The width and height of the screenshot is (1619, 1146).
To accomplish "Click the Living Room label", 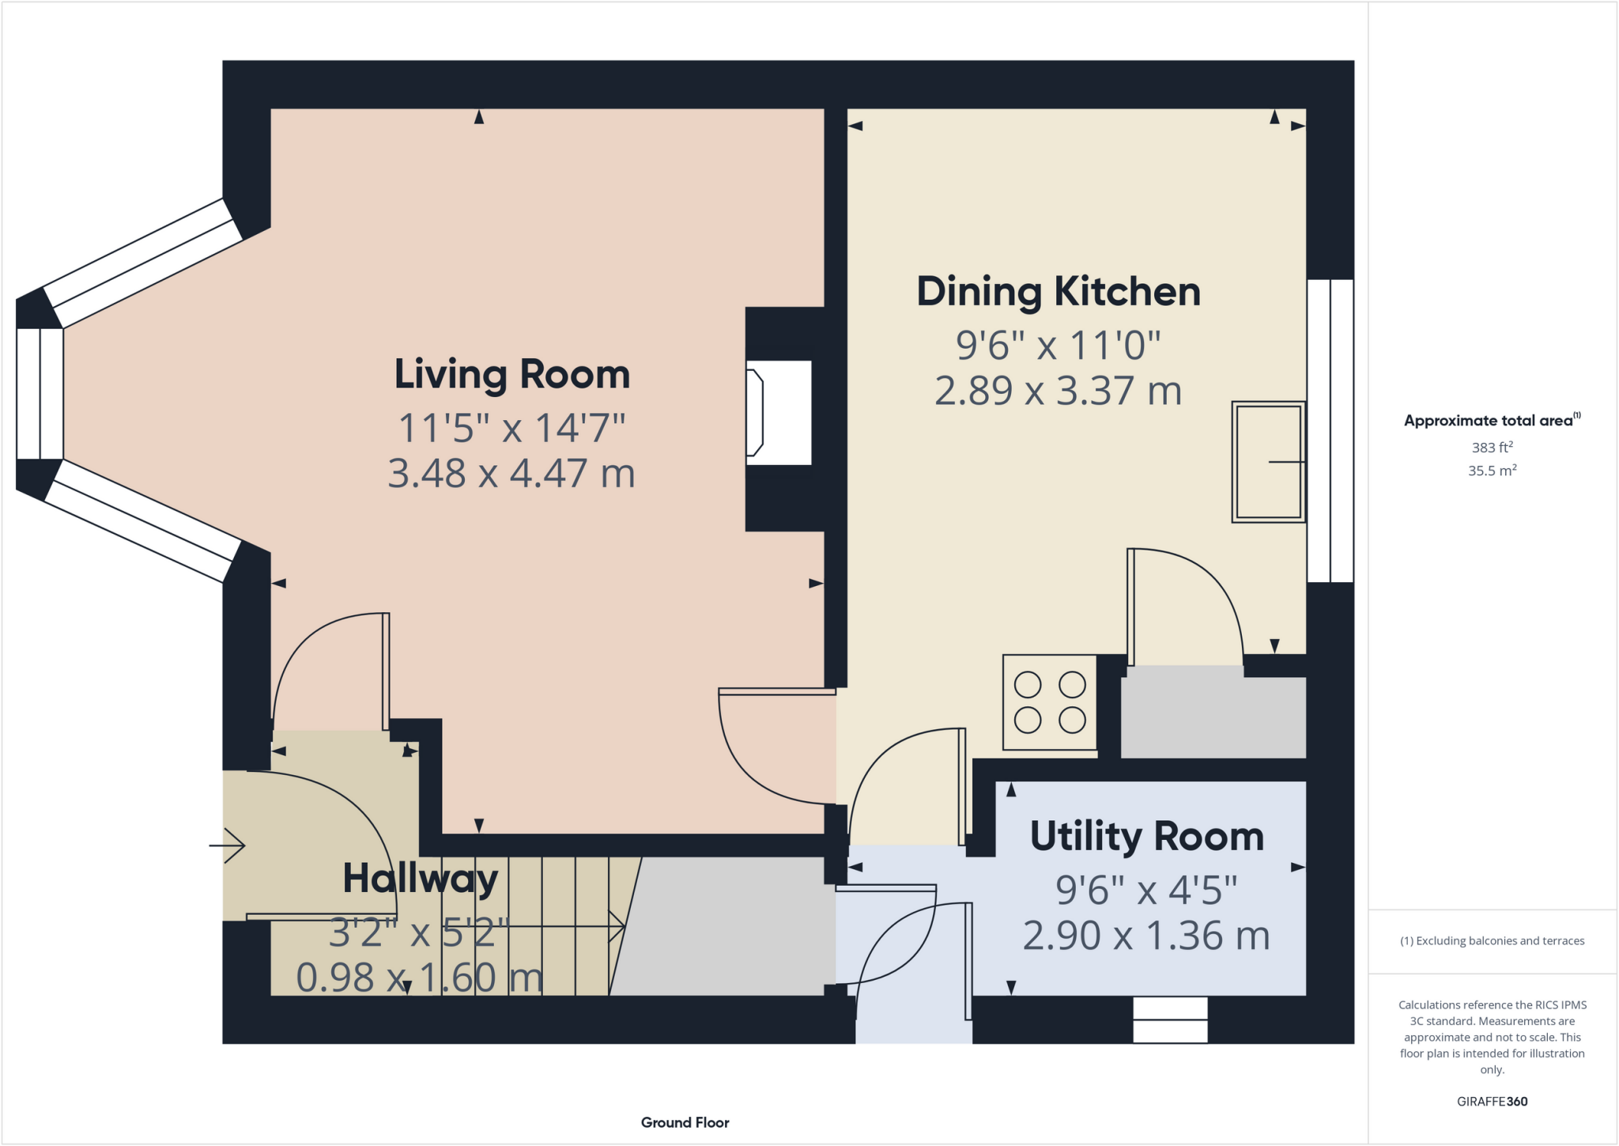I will point(511,374).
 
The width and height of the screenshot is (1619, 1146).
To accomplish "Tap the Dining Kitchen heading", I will point(1058,292).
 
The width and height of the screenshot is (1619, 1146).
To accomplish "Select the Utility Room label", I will point(1146,837).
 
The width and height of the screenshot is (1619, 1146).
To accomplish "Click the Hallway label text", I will point(420,879).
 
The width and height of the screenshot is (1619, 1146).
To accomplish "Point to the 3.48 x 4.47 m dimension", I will point(511,474).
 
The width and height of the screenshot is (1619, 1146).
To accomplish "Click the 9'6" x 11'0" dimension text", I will point(1058,346).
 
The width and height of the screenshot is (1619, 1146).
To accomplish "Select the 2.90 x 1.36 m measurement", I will point(1146,936).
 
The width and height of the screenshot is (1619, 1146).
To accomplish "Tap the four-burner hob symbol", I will point(1049,702).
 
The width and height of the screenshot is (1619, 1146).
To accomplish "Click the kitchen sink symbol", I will point(1267,462).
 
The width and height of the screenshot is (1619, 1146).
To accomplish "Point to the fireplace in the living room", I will point(779,412).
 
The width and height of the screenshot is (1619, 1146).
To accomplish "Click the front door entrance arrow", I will point(228,845).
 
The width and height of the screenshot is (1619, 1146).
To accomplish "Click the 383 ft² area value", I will point(1492,448).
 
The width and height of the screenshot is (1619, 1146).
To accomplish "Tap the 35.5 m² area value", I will point(1492,471).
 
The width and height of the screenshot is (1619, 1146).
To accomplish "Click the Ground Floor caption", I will point(685,1122).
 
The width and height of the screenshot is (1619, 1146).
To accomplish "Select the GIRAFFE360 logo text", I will point(1492,1101).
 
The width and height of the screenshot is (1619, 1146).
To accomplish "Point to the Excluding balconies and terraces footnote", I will point(1492,941).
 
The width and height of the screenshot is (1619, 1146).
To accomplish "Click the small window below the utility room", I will point(1170,1019).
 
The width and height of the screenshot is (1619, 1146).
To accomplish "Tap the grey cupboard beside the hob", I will point(1213,712).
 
